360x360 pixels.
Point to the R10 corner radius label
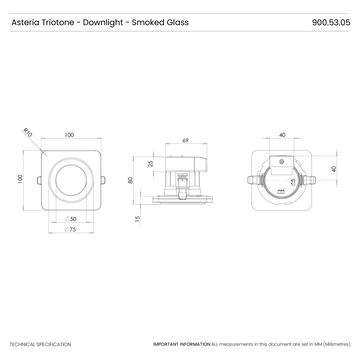(28, 131)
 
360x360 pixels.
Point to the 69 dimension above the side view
(186, 140)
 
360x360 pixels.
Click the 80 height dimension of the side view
(131, 181)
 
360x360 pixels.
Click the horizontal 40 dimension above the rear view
(283, 134)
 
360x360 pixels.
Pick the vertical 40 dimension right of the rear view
(333, 168)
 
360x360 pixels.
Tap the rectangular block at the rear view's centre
(282, 180)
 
